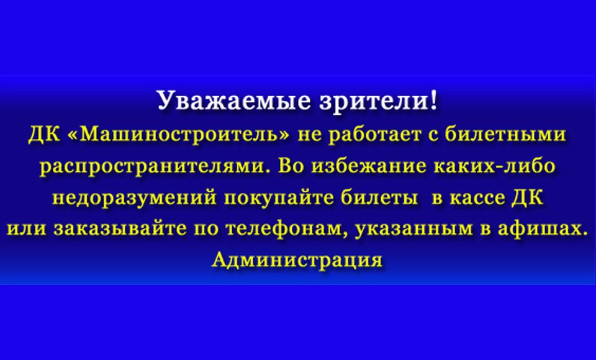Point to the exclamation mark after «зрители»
click(434, 101)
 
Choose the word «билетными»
click(506, 134)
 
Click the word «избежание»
click(369, 166)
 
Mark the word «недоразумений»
click(134, 198)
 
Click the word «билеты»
click(379, 197)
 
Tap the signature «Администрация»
click(297, 261)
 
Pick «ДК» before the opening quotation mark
click(44, 135)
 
